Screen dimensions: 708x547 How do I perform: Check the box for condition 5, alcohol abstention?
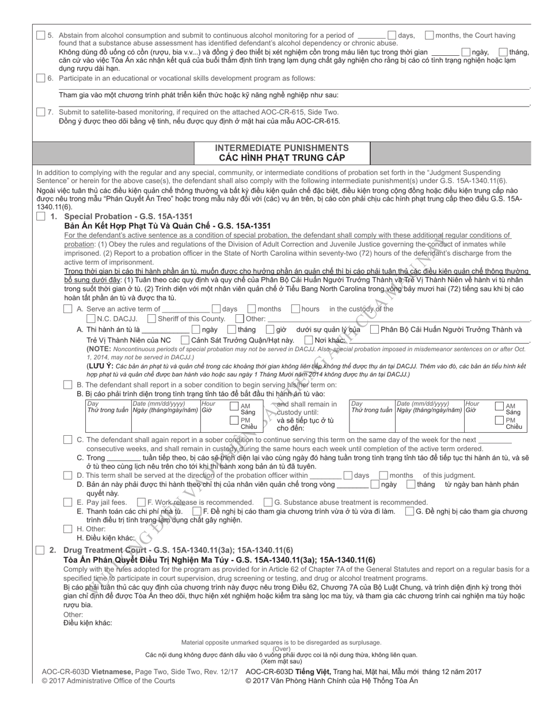tap(40, 36)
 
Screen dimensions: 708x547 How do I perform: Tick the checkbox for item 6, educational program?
tap(40, 78)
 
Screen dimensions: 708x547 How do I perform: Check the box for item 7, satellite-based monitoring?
tap(40, 112)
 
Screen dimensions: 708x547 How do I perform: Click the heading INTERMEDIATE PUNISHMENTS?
tap(282, 148)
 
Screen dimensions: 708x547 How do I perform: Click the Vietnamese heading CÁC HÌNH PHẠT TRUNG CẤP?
tap(282, 158)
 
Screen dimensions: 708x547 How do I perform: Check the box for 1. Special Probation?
tap(40, 216)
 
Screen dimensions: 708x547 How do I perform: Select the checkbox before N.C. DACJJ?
tap(91, 319)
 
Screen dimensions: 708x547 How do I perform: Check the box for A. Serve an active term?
tap(68, 309)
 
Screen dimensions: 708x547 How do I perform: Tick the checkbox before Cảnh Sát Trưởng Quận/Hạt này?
tap(185, 340)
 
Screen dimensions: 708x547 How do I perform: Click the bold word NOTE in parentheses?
tap(98, 349)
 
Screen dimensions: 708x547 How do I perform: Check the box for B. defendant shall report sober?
tap(68, 385)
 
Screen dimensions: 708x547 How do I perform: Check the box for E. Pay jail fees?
tap(68, 502)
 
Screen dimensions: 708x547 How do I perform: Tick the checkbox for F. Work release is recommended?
tap(141, 502)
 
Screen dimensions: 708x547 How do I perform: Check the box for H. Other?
tap(68, 528)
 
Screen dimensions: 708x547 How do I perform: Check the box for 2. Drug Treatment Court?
tap(40, 550)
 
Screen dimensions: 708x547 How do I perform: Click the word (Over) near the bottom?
tap(282, 649)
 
